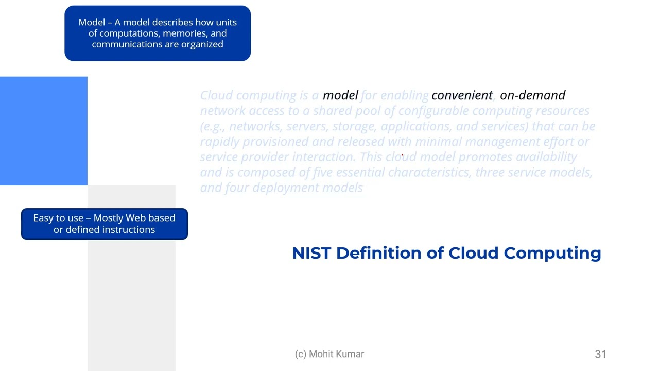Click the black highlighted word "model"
[x=340, y=95]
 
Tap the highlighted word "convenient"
[x=462, y=95]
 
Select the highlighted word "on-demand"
[x=532, y=95]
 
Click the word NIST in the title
[x=311, y=253]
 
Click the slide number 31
[x=600, y=354]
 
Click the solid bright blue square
[x=44, y=131]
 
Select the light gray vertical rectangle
[x=131, y=299]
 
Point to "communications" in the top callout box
[x=127, y=44]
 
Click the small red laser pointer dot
[x=402, y=155]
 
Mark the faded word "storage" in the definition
[x=354, y=126]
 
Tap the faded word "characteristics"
[x=428, y=172]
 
